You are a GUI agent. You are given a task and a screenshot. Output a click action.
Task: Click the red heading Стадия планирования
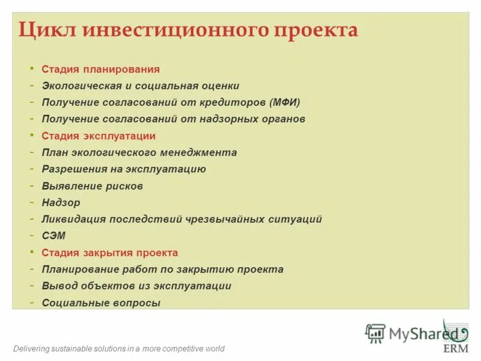pyautogui.click(x=100, y=69)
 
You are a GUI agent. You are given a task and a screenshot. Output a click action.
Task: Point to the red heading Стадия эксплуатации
pyautogui.click(x=99, y=136)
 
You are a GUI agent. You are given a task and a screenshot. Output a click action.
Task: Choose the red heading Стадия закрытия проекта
pyautogui.click(x=109, y=253)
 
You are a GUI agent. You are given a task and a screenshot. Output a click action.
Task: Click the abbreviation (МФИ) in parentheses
pyautogui.click(x=284, y=102)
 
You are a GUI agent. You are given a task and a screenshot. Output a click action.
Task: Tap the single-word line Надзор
pyautogui.click(x=61, y=203)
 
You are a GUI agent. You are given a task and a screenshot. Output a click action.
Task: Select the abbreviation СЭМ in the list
pyautogui.click(x=54, y=236)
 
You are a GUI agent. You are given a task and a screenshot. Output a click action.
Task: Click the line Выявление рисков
pyautogui.click(x=92, y=186)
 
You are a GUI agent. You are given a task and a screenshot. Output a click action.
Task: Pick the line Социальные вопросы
pyautogui.click(x=101, y=303)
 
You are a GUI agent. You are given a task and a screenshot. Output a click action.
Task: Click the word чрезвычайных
pyautogui.click(x=224, y=219)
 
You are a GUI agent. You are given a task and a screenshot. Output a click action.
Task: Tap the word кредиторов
pyautogui.click(x=231, y=102)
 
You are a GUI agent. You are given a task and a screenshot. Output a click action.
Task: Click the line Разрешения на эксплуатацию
pyautogui.click(x=124, y=169)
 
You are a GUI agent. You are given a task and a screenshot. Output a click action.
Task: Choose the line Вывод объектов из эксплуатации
pyautogui.click(x=136, y=286)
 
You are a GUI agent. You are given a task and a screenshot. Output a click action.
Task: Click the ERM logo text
pyautogui.click(x=455, y=348)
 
